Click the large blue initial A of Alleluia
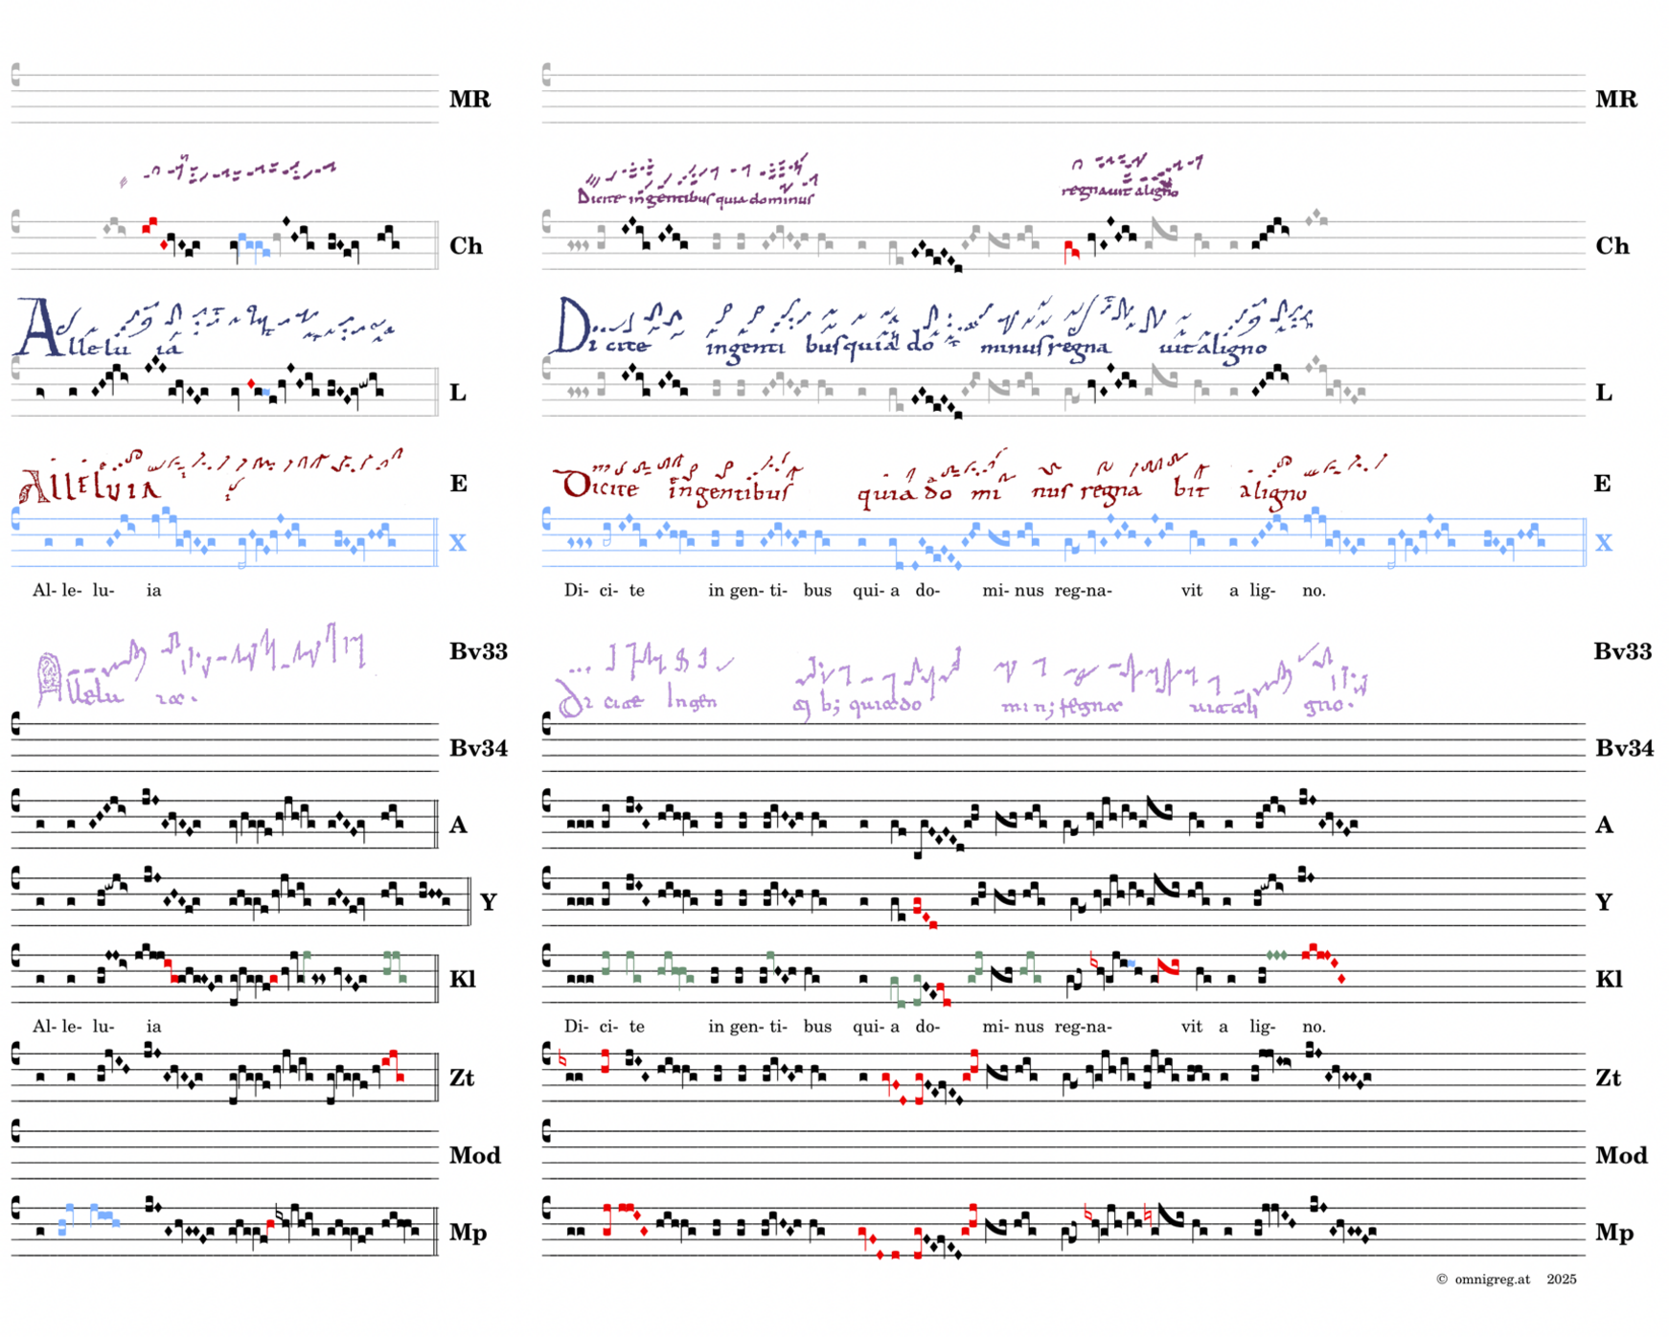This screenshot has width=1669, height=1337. pos(35,328)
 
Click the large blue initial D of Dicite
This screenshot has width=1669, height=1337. pos(573,326)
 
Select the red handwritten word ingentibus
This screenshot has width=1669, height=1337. pos(729,491)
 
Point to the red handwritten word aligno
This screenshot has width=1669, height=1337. pos(1272,491)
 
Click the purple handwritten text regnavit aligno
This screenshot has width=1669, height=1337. pos(1119,191)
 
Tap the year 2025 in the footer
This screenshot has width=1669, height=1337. pos(1561,1280)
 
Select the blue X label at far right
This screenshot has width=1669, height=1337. pos(1604,543)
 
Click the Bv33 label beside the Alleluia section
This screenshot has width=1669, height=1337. pos(478,651)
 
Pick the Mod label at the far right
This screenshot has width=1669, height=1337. pos(1621,1155)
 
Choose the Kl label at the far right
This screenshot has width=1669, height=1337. pos(1609,979)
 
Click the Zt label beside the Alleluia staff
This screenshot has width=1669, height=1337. pos(462,1077)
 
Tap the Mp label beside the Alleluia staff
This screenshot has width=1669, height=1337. pos(468,1233)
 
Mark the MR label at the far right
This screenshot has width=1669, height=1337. pos(1616,99)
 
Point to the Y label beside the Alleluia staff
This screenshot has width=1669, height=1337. pos(488,901)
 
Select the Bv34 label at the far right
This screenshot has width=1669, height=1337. pos(1624,748)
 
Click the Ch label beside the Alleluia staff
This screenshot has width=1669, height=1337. pos(466,246)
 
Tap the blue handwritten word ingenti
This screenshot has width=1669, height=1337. pos(744,347)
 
